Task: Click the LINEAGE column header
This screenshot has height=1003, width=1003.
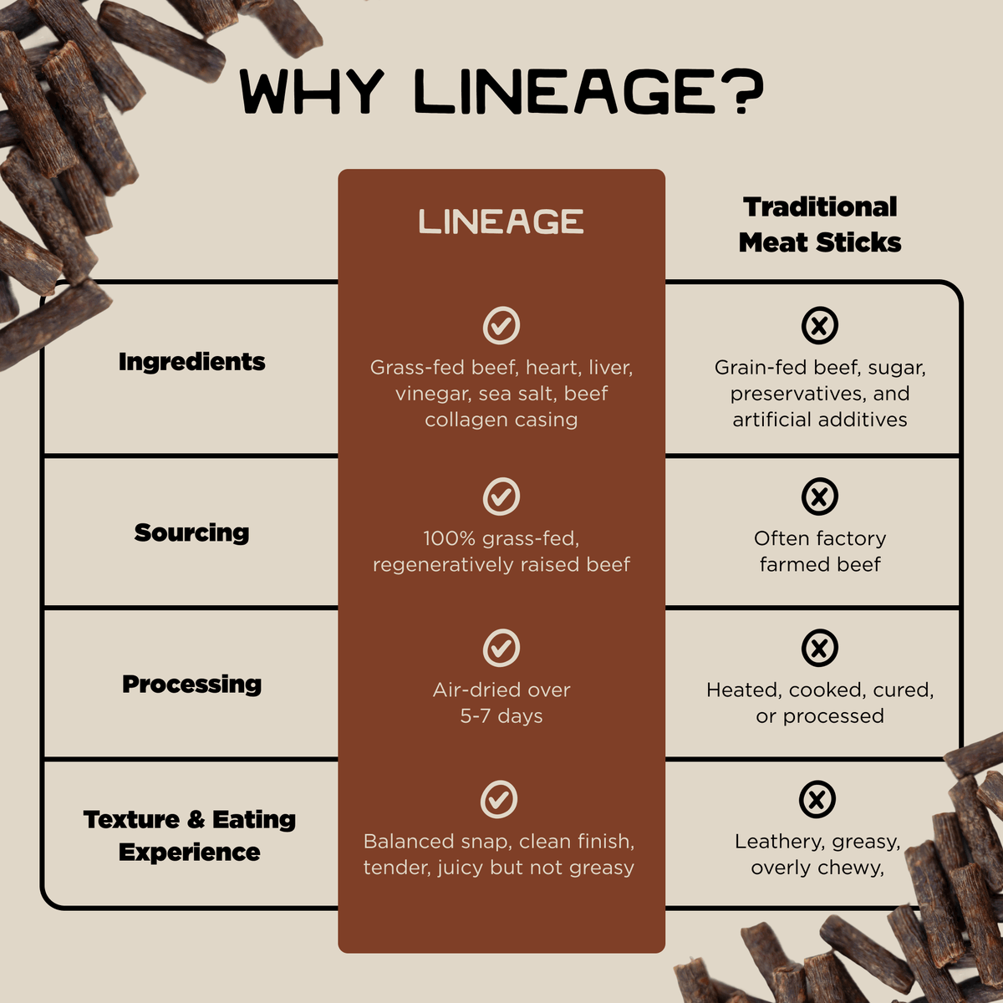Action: [501, 222]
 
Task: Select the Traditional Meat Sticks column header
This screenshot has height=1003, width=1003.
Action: [820, 224]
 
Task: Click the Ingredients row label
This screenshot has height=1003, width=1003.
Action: [191, 362]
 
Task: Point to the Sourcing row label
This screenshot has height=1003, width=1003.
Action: [191, 532]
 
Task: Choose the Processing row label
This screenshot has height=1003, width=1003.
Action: [191, 684]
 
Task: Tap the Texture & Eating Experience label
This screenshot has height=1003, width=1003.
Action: [190, 835]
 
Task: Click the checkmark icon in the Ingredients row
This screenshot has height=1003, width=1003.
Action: [501, 325]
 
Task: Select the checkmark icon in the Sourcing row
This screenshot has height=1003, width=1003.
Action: [501, 496]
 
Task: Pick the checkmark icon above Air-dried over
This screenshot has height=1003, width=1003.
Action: [501, 648]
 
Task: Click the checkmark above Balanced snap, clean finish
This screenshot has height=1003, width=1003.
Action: [499, 799]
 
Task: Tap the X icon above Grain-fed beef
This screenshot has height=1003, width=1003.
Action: [820, 325]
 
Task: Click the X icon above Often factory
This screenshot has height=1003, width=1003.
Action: [820, 496]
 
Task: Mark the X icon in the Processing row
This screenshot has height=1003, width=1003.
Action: [820, 648]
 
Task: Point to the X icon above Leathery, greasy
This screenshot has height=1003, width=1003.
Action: [817, 799]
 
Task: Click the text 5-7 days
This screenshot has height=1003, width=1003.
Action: [501, 716]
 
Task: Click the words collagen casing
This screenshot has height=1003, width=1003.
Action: [501, 420]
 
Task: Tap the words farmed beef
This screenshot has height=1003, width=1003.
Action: [820, 565]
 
